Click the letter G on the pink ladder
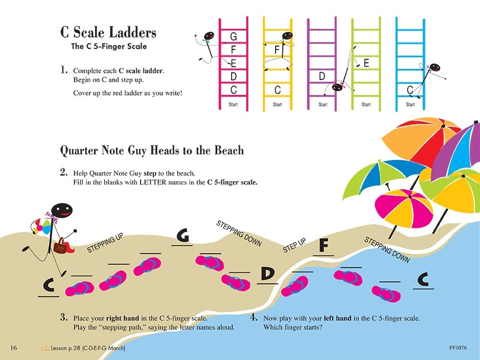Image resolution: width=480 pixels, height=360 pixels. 233,37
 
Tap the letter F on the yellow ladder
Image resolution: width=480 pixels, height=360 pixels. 277,49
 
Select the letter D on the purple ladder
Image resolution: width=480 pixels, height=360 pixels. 322,76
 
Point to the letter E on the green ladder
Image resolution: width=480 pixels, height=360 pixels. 366,63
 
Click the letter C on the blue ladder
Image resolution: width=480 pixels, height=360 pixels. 410,90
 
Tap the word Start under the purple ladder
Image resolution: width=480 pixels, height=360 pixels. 323,104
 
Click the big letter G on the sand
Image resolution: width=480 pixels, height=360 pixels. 183,236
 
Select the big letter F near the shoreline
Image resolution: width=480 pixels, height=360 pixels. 323,245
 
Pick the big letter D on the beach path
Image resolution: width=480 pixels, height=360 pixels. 268,274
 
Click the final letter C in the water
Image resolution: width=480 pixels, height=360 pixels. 423,279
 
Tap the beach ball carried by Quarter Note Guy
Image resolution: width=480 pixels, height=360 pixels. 42,226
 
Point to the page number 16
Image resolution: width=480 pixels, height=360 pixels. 14,348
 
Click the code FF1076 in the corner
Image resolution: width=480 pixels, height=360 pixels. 458,348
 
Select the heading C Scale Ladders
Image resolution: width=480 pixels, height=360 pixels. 108,32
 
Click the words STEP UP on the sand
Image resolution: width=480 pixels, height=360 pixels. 294,246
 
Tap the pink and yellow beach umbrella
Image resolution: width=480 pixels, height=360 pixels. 404,208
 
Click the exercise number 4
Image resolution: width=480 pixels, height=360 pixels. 253,317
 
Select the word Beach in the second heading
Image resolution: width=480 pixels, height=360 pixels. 229,151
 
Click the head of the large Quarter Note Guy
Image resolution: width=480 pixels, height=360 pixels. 62,211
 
